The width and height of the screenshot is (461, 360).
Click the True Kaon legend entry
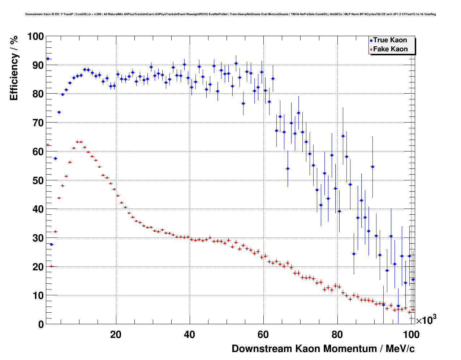(x=390, y=40)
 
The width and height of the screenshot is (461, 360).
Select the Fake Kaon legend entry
(x=390, y=49)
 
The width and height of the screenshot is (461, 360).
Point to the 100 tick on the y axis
(x=35, y=37)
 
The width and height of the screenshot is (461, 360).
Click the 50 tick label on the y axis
(x=38, y=180)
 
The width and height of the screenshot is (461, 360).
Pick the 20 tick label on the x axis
(x=116, y=334)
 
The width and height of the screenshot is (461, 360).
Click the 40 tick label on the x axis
(x=190, y=334)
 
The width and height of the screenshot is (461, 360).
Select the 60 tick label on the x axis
(x=263, y=334)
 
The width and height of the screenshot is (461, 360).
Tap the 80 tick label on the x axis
(x=337, y=334)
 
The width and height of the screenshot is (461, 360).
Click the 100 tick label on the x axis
(x=411, y=334)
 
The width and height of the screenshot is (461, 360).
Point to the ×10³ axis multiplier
(x=426, y=320)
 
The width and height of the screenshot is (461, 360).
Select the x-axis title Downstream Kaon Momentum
(x=323, y=348)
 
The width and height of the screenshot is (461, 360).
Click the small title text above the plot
(x=231, y=14)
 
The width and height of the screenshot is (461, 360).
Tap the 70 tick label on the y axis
(x=38, y=123)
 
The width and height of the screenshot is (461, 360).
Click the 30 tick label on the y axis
(x=38, y=238)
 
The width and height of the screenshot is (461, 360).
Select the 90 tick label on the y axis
(x=38, y=65)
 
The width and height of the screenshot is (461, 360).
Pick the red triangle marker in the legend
(x=371, y=50)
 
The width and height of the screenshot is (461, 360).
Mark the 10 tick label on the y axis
(x=38, y=295)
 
